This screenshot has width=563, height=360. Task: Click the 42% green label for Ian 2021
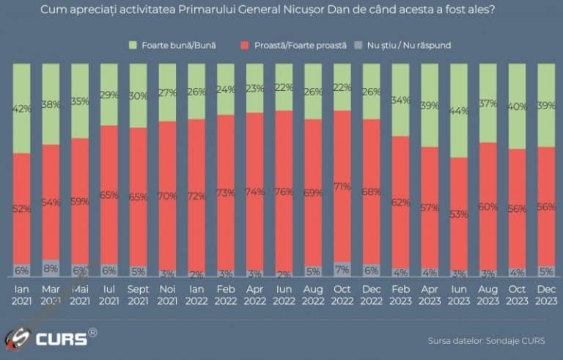[21, 109]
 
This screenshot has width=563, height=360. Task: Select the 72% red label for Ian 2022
[196, 196]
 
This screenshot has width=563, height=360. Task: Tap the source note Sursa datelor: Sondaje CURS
[487, 340]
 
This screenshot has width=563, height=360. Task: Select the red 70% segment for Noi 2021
[167, 196]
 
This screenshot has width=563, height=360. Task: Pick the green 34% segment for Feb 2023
[401, 100]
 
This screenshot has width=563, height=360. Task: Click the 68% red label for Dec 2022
[372, 191]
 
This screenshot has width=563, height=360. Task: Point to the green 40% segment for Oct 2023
[518, 106]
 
